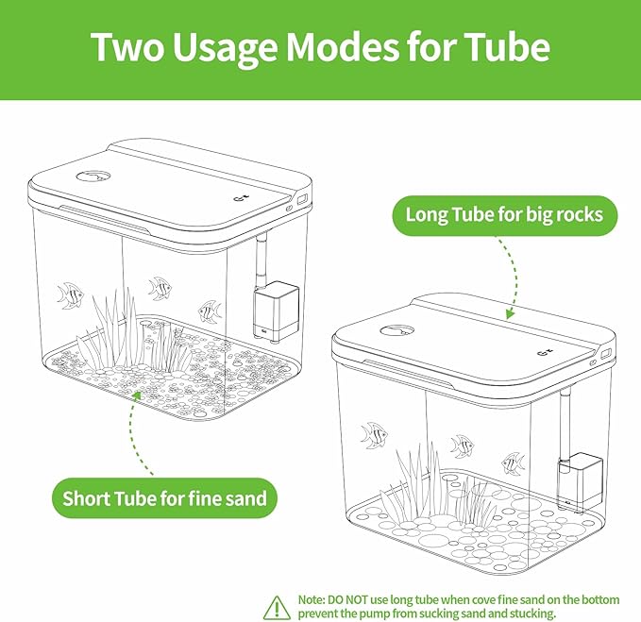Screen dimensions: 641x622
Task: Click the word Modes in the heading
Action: [342, 46]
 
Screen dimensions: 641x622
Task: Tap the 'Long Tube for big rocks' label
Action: [504, 215]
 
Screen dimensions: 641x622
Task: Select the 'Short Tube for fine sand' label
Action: [164, 498]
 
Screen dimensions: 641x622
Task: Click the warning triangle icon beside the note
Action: [278, 607]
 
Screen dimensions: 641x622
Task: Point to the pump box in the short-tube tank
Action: [277, 311]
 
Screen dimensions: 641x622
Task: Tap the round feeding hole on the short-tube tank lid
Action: [93, 177]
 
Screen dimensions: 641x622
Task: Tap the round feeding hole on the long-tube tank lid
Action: [396, 331]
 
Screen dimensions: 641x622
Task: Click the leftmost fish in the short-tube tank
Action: [70, 295]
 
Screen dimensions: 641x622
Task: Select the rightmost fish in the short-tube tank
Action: [211, 311]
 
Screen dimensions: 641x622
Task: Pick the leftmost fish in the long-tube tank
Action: [374, 435]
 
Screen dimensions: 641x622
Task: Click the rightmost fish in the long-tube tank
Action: [514, 463]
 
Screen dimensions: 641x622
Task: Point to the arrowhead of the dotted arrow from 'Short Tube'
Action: [137, 395]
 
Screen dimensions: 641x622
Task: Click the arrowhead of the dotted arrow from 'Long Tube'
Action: [510, 313]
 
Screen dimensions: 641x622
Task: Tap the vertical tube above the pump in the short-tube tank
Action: [261, 260]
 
